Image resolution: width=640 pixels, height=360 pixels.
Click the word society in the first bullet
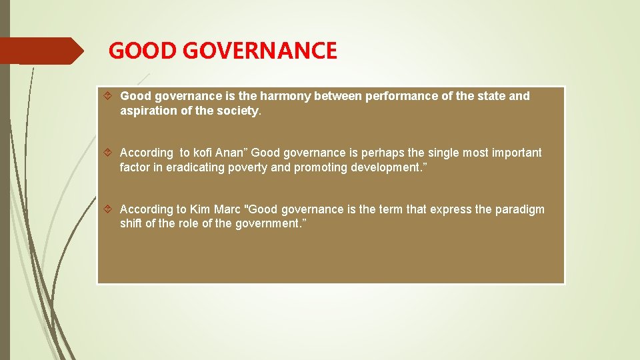[239, 111]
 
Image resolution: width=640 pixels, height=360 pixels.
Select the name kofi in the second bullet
[201, 153]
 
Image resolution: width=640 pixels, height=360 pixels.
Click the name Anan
[231, 153]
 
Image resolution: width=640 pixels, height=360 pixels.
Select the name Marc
[228, 209]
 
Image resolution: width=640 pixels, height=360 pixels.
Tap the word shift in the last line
[131, 224]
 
